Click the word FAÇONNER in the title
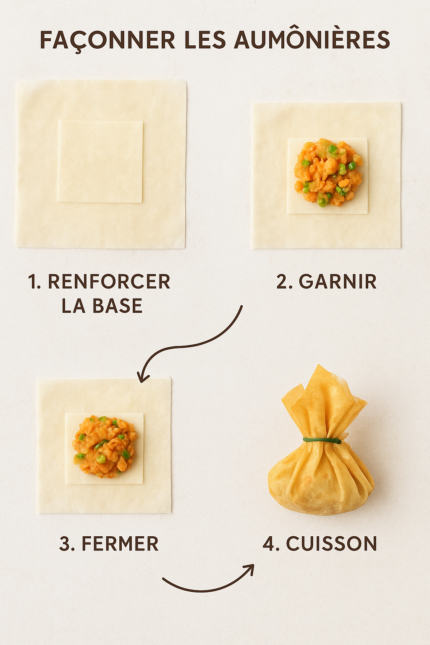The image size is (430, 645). coord(108,40)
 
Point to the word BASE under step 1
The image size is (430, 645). coord(118,306)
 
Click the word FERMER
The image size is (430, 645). coord(120,543)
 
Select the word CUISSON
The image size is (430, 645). coord(331,543)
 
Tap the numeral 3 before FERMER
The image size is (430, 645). coord(65,543)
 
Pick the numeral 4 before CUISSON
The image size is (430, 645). coord(269,543)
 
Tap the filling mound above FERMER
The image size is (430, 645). coord(103,447)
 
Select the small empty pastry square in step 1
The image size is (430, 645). coord(100,161)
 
